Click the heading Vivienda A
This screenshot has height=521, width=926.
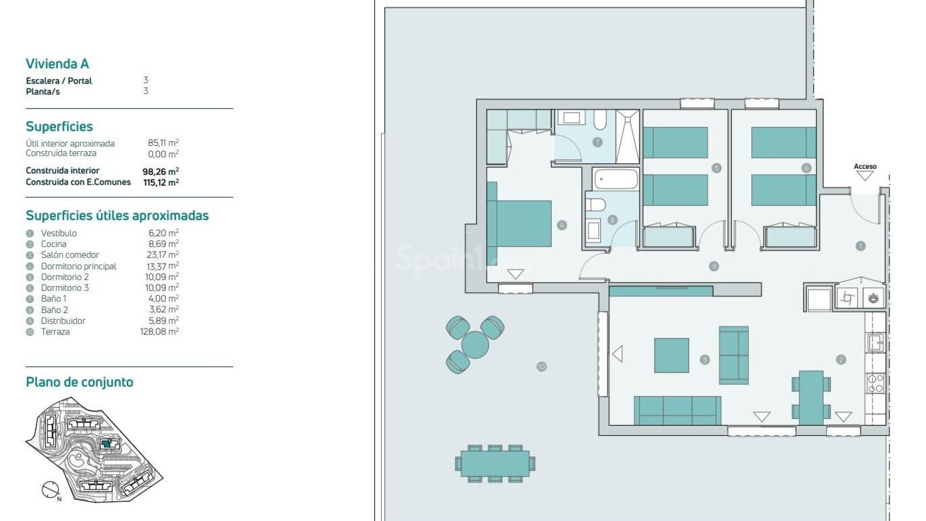[x=57, y=64]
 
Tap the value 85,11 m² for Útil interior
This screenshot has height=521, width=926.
[x=163, y=143]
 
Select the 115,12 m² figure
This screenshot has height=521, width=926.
[x=161, y=182]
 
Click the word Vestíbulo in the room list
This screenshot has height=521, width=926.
[x=58, y=233]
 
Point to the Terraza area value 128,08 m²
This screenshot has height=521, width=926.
[x=159, y=332]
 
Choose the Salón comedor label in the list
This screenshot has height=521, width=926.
[x=70, y=255]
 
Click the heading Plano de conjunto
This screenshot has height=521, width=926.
[x=79, y=382]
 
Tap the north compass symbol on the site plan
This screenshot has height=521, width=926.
[x=50, y=490]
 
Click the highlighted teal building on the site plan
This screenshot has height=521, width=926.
[x=108, y=444]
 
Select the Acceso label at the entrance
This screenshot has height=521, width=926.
[x=865, y=166]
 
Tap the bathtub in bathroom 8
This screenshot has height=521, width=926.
[x=616, y=179]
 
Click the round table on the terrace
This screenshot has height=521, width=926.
[x=475, y=345]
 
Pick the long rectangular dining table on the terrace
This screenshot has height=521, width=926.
[x=495, y=464]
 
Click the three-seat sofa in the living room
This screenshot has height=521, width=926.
[x=677, y=410]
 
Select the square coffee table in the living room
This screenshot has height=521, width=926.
[x=671, y=355]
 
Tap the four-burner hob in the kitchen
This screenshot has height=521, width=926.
[x=875, y=384]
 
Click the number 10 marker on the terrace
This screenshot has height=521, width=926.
[x=541, y=367]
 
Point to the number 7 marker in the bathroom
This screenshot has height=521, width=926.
[x=597, y=142]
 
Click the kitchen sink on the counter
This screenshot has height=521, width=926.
[x=875, y=343]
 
